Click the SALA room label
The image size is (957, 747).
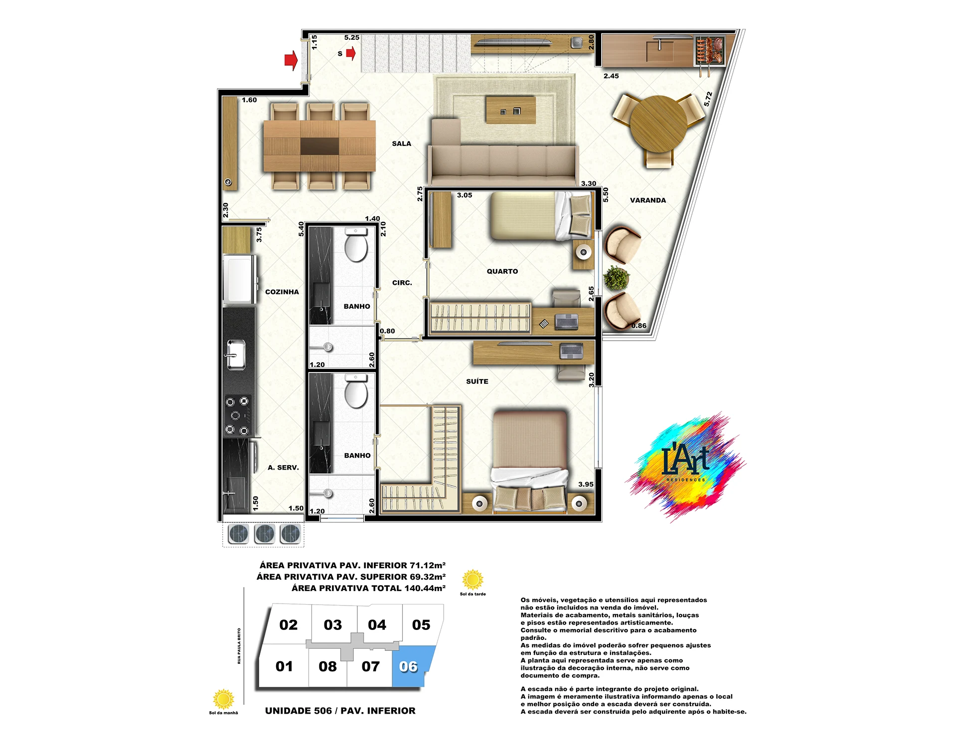click(401, 143)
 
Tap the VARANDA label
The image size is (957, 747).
click(647, 200)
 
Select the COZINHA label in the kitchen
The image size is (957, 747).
click(282, 292)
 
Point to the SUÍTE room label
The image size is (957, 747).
click(477, 381)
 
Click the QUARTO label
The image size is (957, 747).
click(502, 271)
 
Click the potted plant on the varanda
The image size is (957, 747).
click(617, 278)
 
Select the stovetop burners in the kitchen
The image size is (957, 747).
click(237, 415)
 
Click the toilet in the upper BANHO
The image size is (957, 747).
click(356, 245)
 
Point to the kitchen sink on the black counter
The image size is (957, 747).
click(236, 355)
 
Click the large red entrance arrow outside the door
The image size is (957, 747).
click(291, 61)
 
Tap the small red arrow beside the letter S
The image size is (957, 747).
click(351, 53)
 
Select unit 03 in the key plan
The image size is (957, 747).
click(333, 624)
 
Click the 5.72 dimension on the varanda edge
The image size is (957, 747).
click(708, 99)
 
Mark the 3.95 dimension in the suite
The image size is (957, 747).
click(586, 484)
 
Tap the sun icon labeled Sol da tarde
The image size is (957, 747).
click(473, 580)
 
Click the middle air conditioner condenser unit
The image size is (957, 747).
click(264, 534)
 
